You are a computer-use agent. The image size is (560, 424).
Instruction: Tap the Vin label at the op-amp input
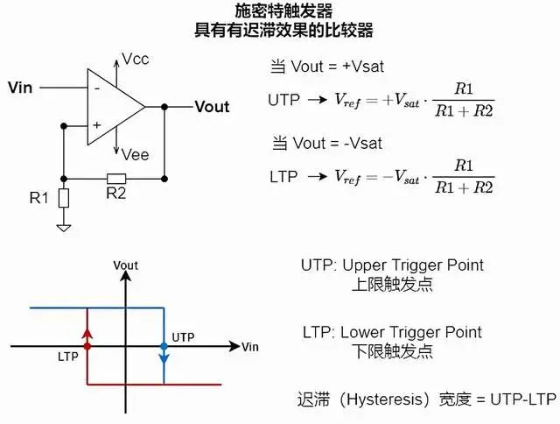(20, 87)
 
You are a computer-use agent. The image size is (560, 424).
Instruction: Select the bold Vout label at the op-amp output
(212, 107)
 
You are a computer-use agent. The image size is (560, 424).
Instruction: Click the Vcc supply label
(136, 59)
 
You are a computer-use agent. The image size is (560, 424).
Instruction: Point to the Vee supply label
(136, 154)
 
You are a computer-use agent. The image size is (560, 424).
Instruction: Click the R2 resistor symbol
(115, 178)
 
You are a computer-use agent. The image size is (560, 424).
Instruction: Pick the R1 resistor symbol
(64, 198)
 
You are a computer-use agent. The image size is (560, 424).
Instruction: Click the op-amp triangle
(114, 107)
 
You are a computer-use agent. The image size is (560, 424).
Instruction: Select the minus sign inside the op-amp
(96, 88)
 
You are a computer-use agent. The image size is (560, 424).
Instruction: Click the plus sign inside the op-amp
(96, 125)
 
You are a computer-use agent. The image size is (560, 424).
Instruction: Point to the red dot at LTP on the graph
(87, 347)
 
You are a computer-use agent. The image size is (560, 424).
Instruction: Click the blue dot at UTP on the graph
(164, 347)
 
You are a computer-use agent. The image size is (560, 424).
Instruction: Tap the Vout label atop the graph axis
(126, 265)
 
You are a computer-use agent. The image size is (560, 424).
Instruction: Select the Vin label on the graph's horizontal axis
(249, 347)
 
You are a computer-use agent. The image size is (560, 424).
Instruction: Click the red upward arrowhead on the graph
(87, 331)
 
